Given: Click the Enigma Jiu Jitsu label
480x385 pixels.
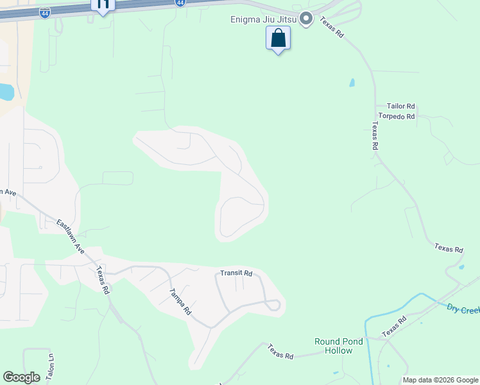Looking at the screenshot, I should (x=263, y=19).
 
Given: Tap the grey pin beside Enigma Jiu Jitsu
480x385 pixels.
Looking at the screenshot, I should (x=306, y=19).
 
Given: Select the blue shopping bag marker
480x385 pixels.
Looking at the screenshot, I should (x=278, y=38).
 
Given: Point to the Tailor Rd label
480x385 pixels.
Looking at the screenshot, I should (x=401, y=107).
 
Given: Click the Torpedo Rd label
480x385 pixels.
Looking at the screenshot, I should (x=397, y=117).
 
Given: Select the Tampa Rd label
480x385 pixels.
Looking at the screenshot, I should (x=180, y=301).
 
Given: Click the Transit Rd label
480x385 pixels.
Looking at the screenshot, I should (x=236, y=273).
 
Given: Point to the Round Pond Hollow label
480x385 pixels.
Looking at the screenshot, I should (x=338, y=346).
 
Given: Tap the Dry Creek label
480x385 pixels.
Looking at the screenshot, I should (x=463, y=309).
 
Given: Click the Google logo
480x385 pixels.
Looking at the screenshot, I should (x=21, y=377).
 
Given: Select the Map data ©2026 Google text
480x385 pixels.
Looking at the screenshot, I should (x=441, y=380).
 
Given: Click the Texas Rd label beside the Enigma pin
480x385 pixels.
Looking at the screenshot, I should (x=332, y=27).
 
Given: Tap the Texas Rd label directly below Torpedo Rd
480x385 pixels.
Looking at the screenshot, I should (x=374, y=136).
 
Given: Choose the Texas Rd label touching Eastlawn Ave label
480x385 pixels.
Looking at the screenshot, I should (x=102, y=280).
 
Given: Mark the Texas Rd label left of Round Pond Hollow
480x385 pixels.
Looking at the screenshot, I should (x=280, y=352).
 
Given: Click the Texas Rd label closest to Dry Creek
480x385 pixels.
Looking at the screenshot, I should (x=393, y=327).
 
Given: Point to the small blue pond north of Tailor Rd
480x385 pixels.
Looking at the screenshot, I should (x=351, y=83).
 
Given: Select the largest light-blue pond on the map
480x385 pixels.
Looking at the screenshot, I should (x=5, y=92).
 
